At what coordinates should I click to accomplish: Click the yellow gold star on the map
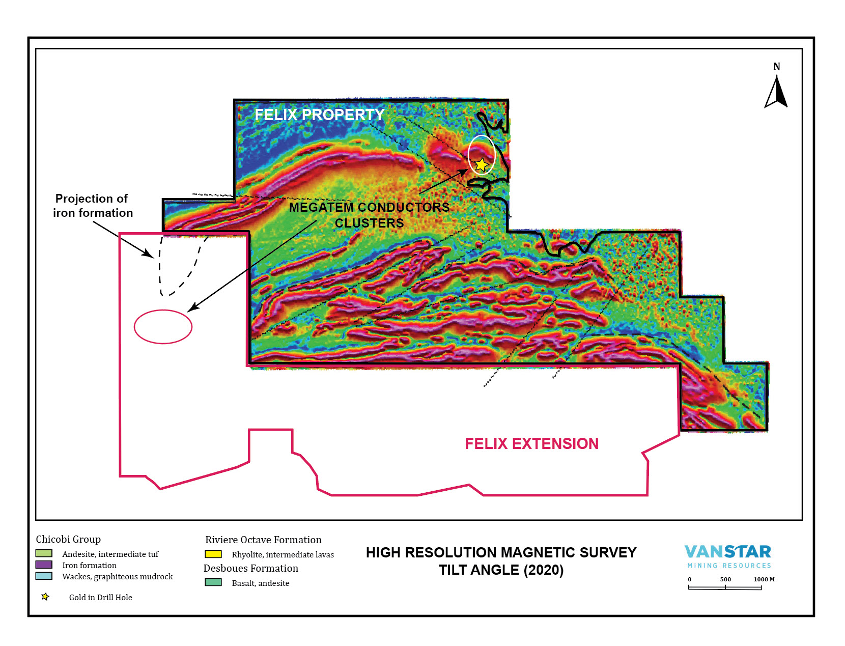(x=481, y=164)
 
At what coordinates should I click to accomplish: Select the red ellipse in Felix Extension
(x=163, y=327)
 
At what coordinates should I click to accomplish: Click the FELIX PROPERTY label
(x=319, y=115)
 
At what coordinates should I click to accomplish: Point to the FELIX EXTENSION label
(x=531, y=443)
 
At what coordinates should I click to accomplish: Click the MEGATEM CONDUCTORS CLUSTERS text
(x=369, y=215)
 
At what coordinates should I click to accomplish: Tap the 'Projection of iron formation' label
(x=93, y=206)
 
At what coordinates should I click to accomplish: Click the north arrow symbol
(x=776, y=92)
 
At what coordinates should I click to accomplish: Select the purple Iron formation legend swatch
(x=44, y=565)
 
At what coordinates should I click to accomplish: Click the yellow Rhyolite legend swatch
(x=213, y=554)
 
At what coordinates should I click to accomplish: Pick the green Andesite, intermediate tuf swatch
(x=44, y=553)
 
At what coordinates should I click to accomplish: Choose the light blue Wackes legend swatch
(x=44, y=576)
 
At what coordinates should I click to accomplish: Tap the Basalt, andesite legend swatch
(x=213, y=582)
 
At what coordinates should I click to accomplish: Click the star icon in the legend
(x=45, y=597)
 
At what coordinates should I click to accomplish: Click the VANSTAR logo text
(x=727, y=552)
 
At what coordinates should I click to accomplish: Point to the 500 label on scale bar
(x=725, y=579)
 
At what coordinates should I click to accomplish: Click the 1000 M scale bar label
(x=764, y=579)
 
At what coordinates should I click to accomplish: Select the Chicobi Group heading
(x=68, y=539)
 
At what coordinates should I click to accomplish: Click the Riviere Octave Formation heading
(x=263, y=540)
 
